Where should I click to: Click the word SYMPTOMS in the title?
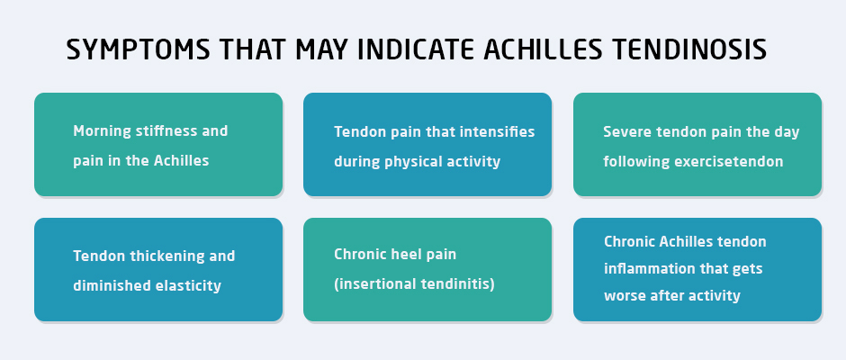tap(138, 49)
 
